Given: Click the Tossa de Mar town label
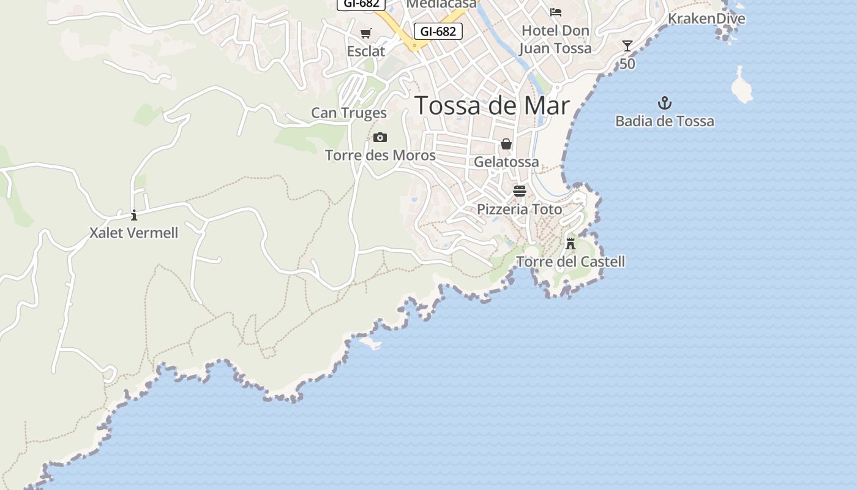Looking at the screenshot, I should click(492, 105).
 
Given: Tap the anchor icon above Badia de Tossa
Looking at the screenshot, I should click(664, 102).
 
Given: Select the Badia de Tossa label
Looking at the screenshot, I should click(664, 121).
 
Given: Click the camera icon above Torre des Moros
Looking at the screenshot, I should click(380, 137).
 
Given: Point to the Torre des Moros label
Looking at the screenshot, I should click(380, 156).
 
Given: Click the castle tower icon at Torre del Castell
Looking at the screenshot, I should click(571, 243).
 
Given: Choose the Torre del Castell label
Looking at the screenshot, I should click(571, 262).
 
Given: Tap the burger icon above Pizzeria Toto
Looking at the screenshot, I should click(519, 191).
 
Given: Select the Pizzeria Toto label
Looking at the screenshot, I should click(519, 209).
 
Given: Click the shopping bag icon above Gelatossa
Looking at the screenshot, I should click(506, 144).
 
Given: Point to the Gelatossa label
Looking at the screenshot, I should click(506, 162).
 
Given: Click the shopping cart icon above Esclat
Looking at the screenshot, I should click(365, 33).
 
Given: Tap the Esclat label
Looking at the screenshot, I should click(365, 51).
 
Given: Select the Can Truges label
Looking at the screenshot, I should click(349, 113).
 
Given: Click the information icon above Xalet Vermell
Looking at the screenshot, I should click(134, 215).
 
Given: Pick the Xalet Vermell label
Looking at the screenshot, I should click(134, 233).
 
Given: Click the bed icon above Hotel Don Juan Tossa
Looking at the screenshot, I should click(555, 12).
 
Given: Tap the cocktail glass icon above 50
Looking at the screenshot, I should click(627, 45).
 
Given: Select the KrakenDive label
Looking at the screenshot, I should click(706, 18).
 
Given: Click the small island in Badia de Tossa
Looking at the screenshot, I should click(741, 86).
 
